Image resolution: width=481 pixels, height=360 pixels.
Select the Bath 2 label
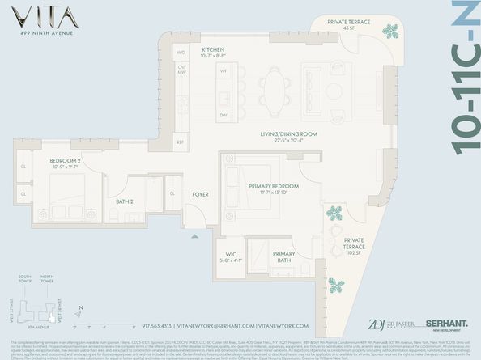click(x=125, y=201)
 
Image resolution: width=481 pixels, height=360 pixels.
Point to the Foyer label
click(x=199, y=195)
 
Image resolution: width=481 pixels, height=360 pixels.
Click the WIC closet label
click(x=230, y=256)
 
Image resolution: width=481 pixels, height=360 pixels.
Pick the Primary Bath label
click(x=283, y=257)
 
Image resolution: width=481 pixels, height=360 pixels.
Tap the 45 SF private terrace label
click(x=350, y=25)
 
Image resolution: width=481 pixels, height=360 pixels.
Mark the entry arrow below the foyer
click(x=194, y=236)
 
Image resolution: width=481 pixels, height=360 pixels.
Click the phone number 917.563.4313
click(x=168, y=326)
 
